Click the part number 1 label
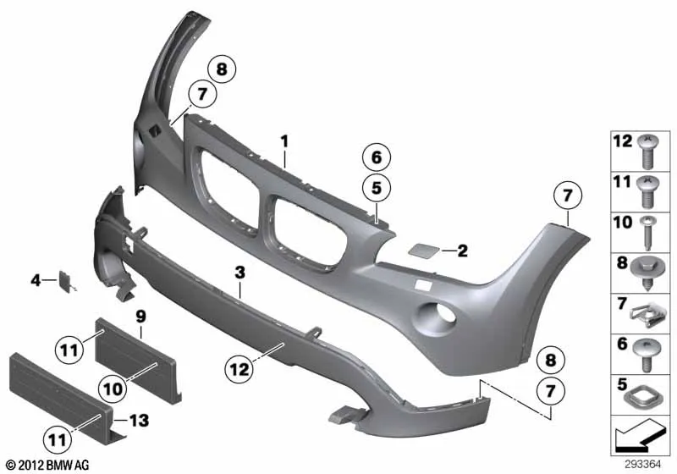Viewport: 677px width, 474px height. pyautogui.click(x=284, y=141)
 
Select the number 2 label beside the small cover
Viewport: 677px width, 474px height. pyautogui.click(x=462, y=251)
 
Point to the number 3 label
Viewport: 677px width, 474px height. pyautogui.click(x=240, y=273)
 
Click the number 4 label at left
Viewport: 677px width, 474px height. pyautogui.click(x=36, y=281)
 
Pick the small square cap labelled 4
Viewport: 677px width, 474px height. pyautogui.click(x=66, y=278)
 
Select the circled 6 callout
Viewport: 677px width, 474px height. pyautogui.click(x=377, y=157)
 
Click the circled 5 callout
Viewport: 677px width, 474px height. pyautogui.click(x=377, y=188)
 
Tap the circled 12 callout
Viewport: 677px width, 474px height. pyautogui.click(x=239, y=370)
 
